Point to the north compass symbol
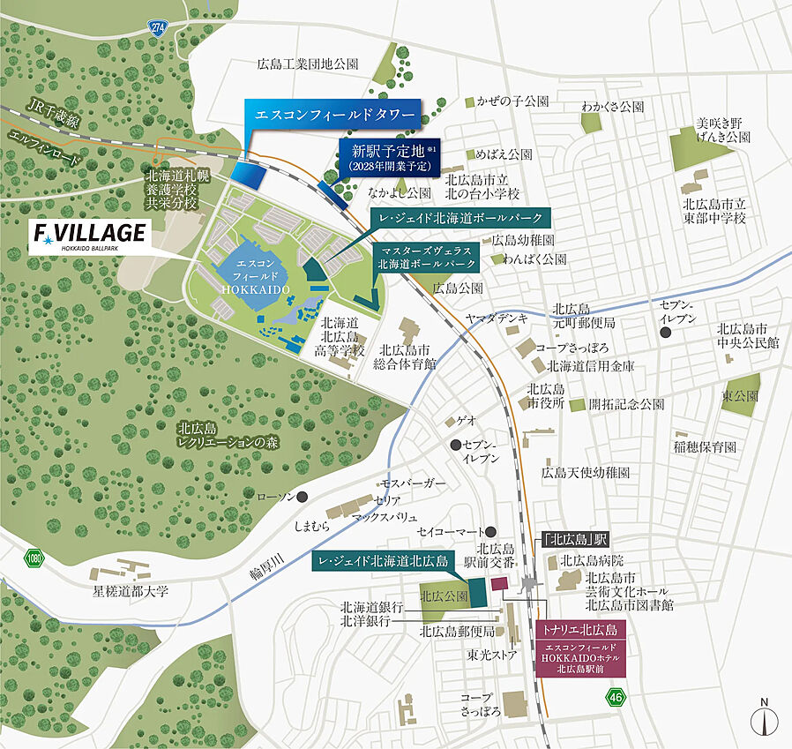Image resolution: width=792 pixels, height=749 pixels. click(764, 718)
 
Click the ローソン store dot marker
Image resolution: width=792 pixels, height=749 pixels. click(303, 497)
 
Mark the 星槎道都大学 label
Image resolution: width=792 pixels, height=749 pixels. click(131, 590)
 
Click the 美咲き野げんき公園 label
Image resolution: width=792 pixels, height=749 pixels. click(721, 130)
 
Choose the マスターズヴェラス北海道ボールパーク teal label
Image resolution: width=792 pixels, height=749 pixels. click(426, 257)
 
